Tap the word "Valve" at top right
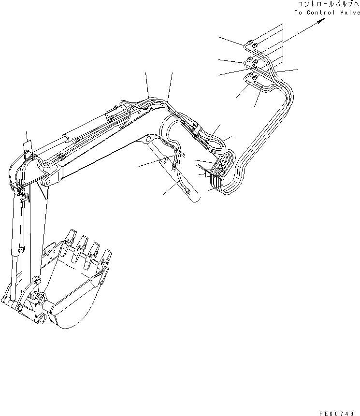350,13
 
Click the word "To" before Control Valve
298,13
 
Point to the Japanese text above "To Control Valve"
329,4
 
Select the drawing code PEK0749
336,414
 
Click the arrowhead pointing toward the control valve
322,21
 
